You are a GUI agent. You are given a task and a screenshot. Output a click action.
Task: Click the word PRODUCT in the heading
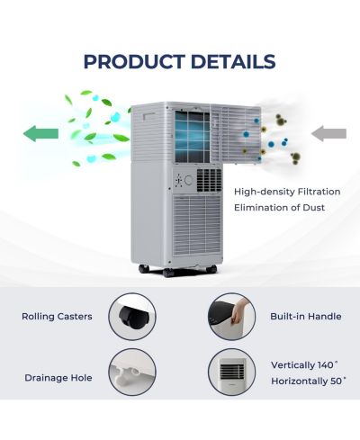coord(134,62)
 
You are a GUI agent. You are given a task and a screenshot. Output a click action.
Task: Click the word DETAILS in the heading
coord(233,62)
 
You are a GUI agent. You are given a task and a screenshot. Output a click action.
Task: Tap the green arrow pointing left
coord(40,133)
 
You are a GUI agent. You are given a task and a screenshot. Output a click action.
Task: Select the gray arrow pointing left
coord(328,133)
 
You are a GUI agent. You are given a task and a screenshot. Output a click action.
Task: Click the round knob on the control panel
coord(189,180)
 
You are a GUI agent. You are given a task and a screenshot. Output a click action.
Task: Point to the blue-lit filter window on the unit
coord(193,137)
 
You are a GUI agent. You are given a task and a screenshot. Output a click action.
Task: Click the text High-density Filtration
coord(287,192)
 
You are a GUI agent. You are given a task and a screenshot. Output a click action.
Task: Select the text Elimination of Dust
coord(279,208)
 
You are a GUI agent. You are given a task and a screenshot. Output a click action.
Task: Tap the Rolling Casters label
coord(57,317)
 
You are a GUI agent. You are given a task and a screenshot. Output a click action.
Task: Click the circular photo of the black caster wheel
coord(132,317)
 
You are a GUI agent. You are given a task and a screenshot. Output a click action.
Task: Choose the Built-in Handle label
coord(306,317)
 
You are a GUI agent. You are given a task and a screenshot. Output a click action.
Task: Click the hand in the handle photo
coord(239,311)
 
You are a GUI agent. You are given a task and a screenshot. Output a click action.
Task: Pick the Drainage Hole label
coord(58,378)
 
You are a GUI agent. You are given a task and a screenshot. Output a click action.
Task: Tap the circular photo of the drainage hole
coord(132,372)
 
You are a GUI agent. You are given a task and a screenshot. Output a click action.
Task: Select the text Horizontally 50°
coord(309,382)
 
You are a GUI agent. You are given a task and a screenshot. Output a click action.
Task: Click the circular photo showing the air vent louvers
coord(231,372)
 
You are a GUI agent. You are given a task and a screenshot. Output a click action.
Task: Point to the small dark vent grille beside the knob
coord(209,180)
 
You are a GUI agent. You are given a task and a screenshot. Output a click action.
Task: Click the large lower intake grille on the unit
coord(197,225)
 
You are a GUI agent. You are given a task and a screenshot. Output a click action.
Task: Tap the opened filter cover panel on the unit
coord(236,134)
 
